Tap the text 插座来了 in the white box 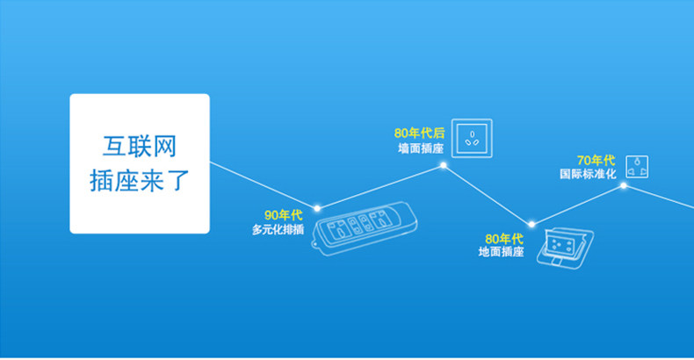coord(140,180)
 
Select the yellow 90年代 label coord(283,215)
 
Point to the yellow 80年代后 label coord(420,133)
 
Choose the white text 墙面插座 coord(421,148)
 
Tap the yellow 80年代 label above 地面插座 coord(505,238)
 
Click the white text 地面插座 coord(502,252)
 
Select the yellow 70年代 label coord(596,159)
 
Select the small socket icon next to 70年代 coord(636,164)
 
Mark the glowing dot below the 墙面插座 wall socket coord(444,164)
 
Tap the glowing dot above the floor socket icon coord(531,224)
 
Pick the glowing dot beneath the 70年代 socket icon coord(624,185)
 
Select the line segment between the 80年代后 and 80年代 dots coord(488,194)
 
